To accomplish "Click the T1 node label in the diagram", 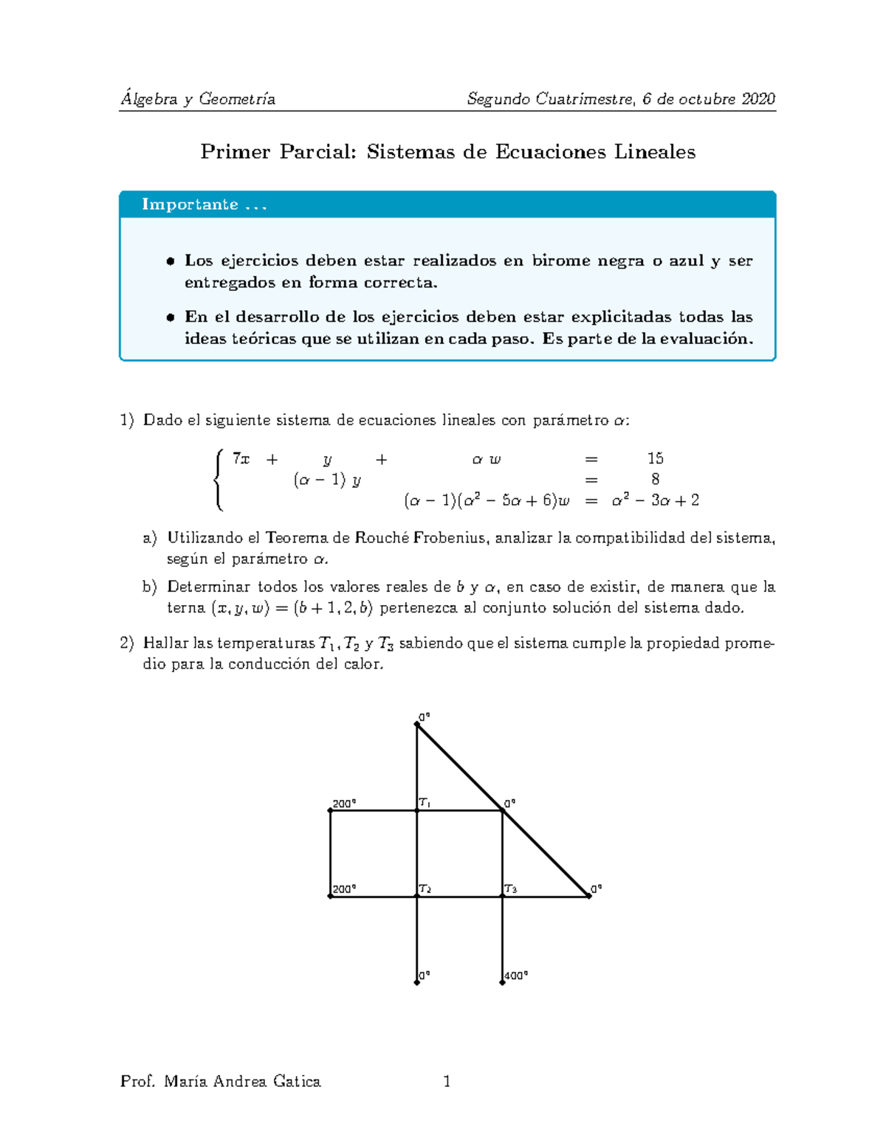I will coord(425,803).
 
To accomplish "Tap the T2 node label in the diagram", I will coord(425,889).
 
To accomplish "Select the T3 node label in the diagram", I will coord(510,889).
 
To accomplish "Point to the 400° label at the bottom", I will coord(516,976).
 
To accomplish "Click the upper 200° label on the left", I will coord(344,804).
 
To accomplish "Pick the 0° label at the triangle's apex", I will coord(425,717).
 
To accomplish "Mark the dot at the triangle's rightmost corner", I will coord(590,896).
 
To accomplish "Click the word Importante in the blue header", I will coord(190,204).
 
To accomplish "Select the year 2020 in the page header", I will coord(758,99).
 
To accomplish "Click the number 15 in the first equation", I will coord(655,458).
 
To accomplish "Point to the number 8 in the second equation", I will coord(655,479).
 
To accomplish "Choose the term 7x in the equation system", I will coord(241,458).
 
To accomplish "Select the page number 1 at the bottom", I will coord(447,1082).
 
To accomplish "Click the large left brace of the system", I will coord(218,480).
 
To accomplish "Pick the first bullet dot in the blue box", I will coord(170,260).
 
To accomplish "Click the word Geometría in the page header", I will coord(237,99).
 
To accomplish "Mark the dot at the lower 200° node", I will coord(330,896).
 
